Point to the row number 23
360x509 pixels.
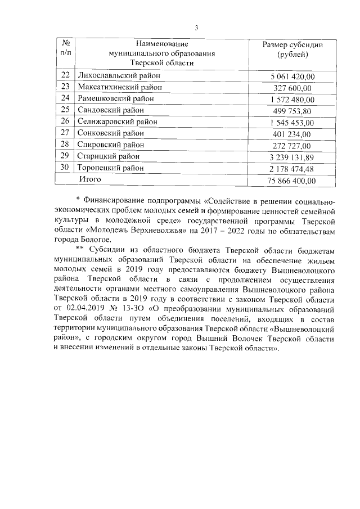pos(65,87)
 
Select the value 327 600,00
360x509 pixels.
pos(292,87)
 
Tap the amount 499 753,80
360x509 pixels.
pos(292,110)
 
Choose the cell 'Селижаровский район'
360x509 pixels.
pos(118,121)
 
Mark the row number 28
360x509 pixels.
pos(65,145)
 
